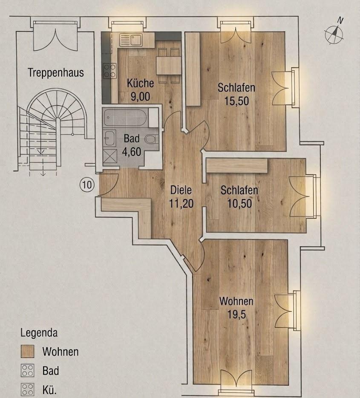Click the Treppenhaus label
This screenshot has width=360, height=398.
pos(55,72)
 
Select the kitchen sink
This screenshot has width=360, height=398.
pos(131,40)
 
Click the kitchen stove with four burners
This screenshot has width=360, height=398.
pos(109,71)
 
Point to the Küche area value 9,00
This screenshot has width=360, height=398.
pos(140,96)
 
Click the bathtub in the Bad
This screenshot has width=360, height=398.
pos(125,118)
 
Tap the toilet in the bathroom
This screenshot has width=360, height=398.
pos(151,139)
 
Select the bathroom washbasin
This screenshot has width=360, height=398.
pos(109,138)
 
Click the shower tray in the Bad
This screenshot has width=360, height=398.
pos(110,156)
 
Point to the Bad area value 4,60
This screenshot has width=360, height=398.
pos(131,152)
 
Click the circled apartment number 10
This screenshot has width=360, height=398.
pos(87,185)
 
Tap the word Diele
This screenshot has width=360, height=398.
pos(181,190)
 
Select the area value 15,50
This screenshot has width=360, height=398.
pos(236,101)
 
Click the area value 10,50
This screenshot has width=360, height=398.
pos(239,204)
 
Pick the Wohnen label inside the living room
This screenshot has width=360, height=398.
pos(236,301)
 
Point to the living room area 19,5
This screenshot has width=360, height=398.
pos(236,314)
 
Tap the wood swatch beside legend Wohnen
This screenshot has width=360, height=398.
pos(27,352)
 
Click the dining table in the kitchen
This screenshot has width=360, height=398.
pos(169,65)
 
